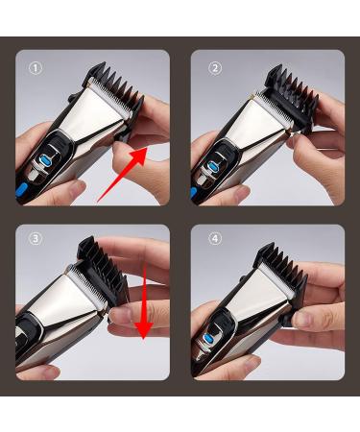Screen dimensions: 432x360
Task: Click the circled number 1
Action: click(x=36, y=68)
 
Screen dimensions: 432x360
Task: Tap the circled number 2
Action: click(x=215, y=68)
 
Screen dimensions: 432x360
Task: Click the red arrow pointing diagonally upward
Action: click(x=125, y=169)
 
